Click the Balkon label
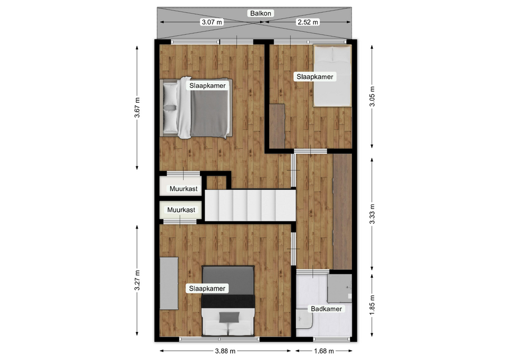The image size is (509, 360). tap(261, 13)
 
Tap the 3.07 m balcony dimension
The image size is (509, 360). tap(212, 22)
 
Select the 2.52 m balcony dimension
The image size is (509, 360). tap(308, 22)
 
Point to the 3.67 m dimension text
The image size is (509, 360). tap(137, 108)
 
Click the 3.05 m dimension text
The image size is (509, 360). tap(372, 96)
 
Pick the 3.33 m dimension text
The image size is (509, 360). tap(372, 214)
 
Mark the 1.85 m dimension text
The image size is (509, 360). tap(372, 304)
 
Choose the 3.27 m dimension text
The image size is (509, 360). tap(137, 280)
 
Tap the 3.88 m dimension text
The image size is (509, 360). tap(225, 351)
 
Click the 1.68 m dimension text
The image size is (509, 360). tap(324, 351)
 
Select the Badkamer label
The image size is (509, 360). tap(326, 309)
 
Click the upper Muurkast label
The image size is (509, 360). tap(183, 189)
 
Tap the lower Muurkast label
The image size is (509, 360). tap(181, 210)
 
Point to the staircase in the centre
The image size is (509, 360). tap(250, 206)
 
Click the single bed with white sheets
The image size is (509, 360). tap(332, 76)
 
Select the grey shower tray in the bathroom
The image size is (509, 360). tap(339, 288)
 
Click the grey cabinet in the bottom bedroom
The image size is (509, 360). tap(169, 284)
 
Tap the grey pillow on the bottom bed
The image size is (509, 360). tap(229, 317)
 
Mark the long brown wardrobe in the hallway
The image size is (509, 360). tap(343, 212)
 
